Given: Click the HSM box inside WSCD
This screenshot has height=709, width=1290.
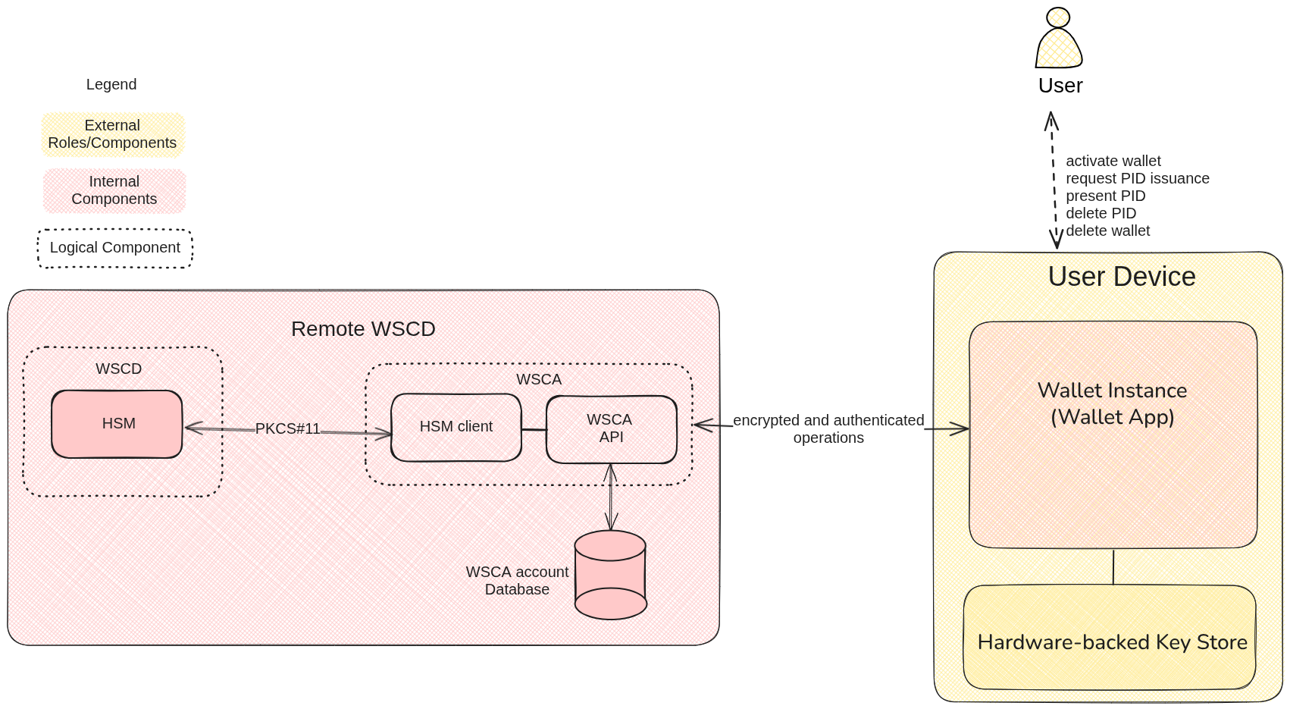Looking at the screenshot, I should pos(117,424).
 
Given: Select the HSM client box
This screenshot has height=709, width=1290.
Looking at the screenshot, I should pos(456,427).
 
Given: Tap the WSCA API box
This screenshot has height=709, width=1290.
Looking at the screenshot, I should pos(610,428).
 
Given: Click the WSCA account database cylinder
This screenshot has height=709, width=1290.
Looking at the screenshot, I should pos(610,575).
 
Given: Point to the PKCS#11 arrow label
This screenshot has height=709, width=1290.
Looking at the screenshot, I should pos(287,428).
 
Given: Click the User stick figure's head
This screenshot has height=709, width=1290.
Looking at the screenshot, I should pos(1057,17).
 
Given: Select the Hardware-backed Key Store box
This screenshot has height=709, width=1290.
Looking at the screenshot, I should pos(1111,642).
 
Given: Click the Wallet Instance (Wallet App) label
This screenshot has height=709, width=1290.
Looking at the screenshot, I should pos(1112,403).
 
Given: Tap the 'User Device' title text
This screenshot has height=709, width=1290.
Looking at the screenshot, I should pos(1121,277).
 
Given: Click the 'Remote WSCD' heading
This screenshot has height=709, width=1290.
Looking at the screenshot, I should pos(363,329).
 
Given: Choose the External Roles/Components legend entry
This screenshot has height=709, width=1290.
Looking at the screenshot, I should pos(112,134).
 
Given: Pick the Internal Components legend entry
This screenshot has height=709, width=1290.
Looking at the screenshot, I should pos(114,190).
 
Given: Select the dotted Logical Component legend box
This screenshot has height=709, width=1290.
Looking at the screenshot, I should pos(115,248).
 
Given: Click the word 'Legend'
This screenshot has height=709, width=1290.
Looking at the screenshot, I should pos(111,84).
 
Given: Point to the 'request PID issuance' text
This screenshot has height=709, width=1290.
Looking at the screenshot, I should pos(1137,178).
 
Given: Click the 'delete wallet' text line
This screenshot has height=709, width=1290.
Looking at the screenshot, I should pos(1107,231).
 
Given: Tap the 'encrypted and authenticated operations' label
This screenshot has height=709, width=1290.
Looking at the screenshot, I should pos(828,428).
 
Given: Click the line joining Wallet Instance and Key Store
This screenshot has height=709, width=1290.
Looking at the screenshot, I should pos(1113,566).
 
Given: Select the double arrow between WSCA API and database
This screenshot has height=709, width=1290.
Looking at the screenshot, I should pos(610,497).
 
